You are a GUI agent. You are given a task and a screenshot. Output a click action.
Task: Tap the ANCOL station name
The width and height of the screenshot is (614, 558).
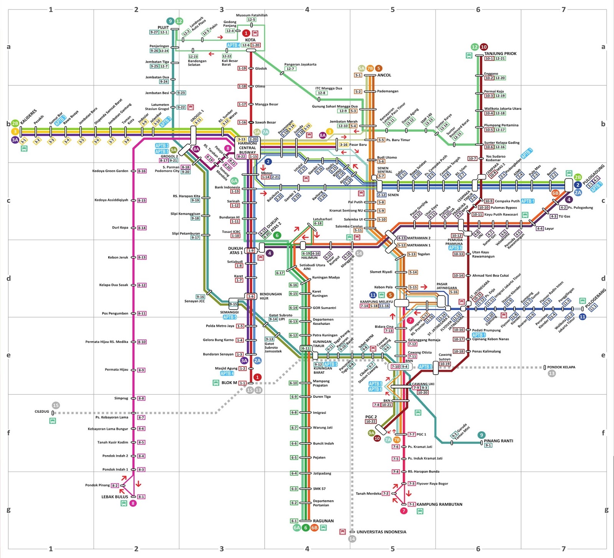coord(384,75)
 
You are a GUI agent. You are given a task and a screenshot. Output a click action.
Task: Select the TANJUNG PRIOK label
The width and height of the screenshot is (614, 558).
coord(500,54)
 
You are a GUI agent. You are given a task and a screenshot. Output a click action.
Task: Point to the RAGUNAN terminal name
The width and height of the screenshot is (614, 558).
coord(324,521)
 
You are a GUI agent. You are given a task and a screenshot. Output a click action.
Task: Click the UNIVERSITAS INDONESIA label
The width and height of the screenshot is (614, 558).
coord(381,532)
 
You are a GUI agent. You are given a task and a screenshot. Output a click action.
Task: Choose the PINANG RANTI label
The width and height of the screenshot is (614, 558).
coord(498,441)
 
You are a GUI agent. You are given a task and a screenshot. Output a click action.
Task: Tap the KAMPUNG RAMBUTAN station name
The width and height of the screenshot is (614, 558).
coord(439,504)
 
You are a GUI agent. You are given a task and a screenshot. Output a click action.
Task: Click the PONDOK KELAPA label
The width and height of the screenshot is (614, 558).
coord(561,367)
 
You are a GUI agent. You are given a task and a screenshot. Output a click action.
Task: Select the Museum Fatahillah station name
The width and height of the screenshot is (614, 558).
coord(252,15)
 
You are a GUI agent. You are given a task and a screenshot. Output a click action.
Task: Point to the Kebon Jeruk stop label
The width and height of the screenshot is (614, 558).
coord(118,257)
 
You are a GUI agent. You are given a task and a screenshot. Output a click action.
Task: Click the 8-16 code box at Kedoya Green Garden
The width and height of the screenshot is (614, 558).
coord(142,171)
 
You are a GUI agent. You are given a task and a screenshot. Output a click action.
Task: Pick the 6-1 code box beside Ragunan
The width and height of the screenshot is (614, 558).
coord(294,521)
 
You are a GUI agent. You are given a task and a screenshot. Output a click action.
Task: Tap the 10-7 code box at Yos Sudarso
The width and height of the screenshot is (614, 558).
coord(472,158)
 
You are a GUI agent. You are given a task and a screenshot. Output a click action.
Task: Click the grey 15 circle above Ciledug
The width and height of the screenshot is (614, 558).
coord(56,405)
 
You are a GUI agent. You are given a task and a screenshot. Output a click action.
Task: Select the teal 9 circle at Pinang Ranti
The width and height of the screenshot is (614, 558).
coord(482,435)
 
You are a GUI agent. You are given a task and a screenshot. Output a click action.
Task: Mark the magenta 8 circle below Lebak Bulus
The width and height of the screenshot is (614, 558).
coord(133,503)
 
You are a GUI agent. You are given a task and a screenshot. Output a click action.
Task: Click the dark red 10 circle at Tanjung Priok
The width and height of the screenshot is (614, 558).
coord(484,47)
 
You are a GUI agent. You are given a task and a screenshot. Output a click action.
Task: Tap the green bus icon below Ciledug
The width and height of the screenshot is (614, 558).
coord(53,421)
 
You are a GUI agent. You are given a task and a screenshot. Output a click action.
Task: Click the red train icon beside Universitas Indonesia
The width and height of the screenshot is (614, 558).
coord(342,532)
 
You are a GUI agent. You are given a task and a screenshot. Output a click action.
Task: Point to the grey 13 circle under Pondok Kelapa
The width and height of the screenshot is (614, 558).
coord(551,373)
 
